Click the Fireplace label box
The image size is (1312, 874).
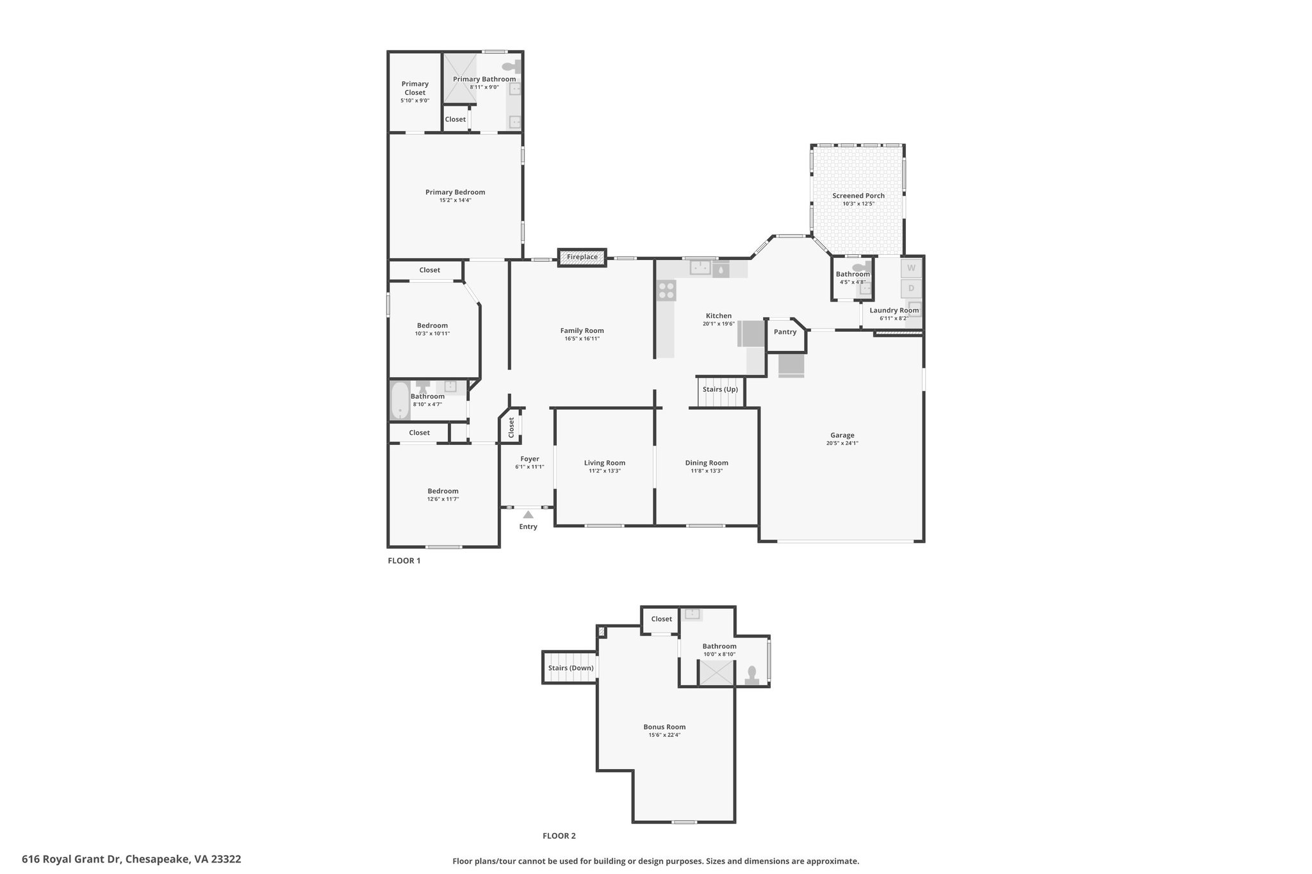coord(582,257)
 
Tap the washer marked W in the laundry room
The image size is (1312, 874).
coord(911,268)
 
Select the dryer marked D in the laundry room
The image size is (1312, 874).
coord(911,288)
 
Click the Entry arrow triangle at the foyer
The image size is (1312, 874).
coord(528,514)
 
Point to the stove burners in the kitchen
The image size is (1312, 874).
coord(666,291)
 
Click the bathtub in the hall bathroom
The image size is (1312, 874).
coord(400,401)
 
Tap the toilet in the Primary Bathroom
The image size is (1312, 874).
coord(511,66)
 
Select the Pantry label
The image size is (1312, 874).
coord(785,332)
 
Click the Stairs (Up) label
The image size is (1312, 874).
coord(720,389)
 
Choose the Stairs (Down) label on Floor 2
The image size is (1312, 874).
coord(571,668)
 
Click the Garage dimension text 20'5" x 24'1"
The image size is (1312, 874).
coord(842,443)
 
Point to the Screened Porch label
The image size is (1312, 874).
coord(858,196)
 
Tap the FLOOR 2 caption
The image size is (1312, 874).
coord(559,836)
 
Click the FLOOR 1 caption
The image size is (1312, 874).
coord(404,561)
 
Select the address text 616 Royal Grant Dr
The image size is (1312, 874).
coord(72,859)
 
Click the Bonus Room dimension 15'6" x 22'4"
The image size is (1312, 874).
coord(664,735)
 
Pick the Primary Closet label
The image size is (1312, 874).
coord(415,88)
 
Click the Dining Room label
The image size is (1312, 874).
coord(707,463)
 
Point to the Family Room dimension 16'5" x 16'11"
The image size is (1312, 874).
coord(582,339)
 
